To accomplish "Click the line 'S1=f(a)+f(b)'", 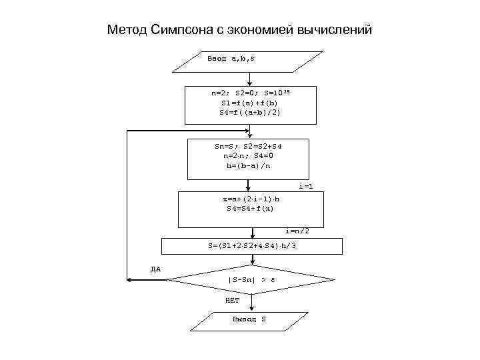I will [x=250, y=103].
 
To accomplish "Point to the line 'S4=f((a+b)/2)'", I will [x=250, y=113].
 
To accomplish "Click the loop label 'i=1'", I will [x=305, y=187].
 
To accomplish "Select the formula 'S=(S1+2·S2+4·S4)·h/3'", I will [x=252, y=245].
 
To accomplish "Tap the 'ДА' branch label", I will [x=155, y=269].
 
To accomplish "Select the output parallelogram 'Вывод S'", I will [x=249, y=319].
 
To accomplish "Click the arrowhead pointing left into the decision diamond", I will [x=132, y=280].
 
